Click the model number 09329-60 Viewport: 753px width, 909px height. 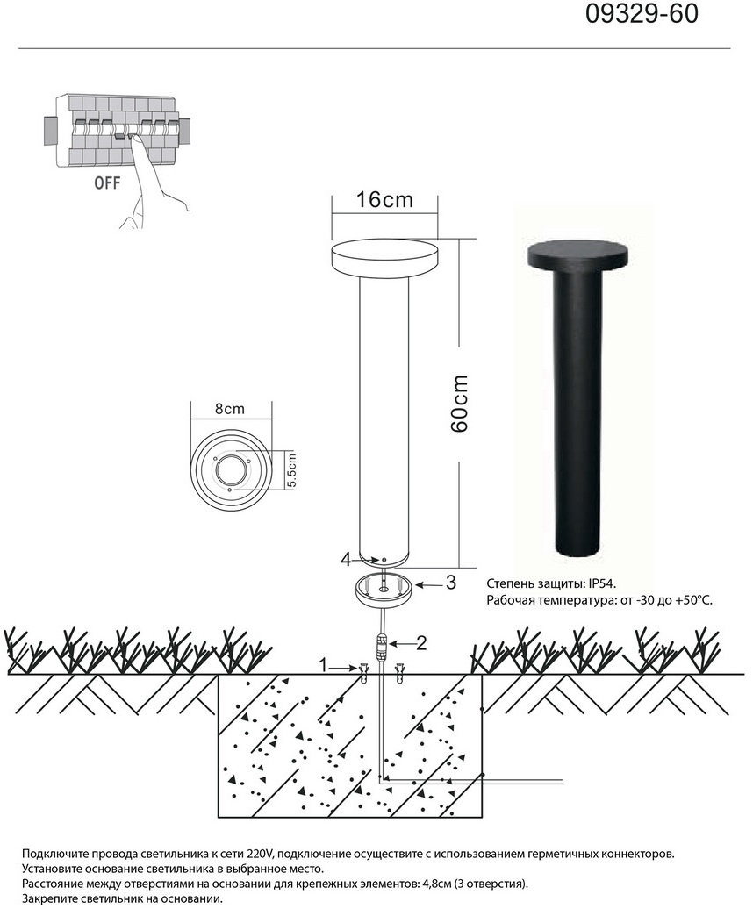coord(642,14)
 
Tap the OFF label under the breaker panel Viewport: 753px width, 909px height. coord(107,183)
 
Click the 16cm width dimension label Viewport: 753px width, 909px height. coord(384,200)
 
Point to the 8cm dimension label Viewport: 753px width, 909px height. coord(230,409)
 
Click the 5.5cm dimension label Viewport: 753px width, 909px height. coord(291,470)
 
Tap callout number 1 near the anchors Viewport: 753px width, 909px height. coord(324,665)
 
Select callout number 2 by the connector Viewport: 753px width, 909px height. coord(421,642)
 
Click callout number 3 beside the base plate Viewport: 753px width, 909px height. coord(450,583)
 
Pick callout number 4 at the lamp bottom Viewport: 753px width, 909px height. coord(346,560)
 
